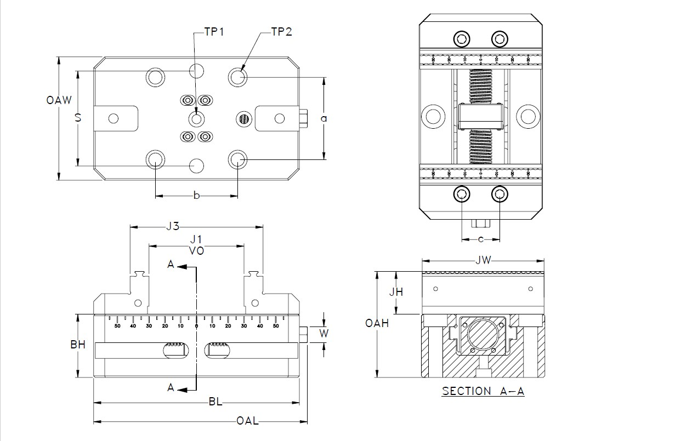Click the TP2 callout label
point(282,32)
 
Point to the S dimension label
point(78,117)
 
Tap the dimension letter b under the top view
point(196,196)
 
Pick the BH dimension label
point(78,345)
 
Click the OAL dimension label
point(247,421)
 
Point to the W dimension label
point(324,333)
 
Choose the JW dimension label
point(483,260)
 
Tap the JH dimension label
point(396,292)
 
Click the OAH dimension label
point(377,323)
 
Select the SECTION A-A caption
point(483,391)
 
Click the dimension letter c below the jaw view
point(481,239)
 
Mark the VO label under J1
point(196,250)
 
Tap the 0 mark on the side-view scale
point(196,326)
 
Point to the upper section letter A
point(171,265)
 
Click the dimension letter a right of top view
point(324,118)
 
